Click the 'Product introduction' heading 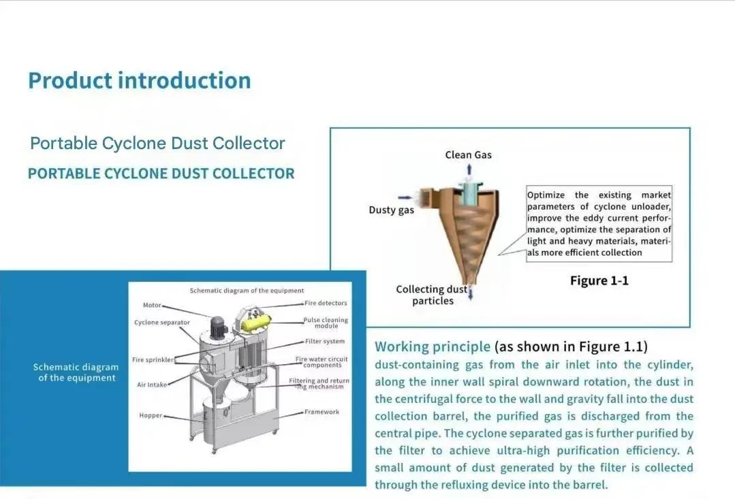pos(139,80)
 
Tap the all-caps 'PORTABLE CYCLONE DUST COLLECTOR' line pos(161,174)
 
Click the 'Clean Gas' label pos(468,155)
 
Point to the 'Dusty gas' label pos(391,210)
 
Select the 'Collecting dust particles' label pos(432,295)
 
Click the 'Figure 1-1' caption pos(599,280)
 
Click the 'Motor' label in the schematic pos(152,305)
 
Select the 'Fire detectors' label pos(326,303)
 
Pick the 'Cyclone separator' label pos(162,322)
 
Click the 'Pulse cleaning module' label pos(326,323)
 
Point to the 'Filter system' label pos(325,341)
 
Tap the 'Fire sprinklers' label pos(153,359)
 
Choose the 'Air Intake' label pos(152,385)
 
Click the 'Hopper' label pos(151,415)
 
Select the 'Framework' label pos(322,412)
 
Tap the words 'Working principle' pos(432,347)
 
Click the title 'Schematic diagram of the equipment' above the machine pos(247,291)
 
